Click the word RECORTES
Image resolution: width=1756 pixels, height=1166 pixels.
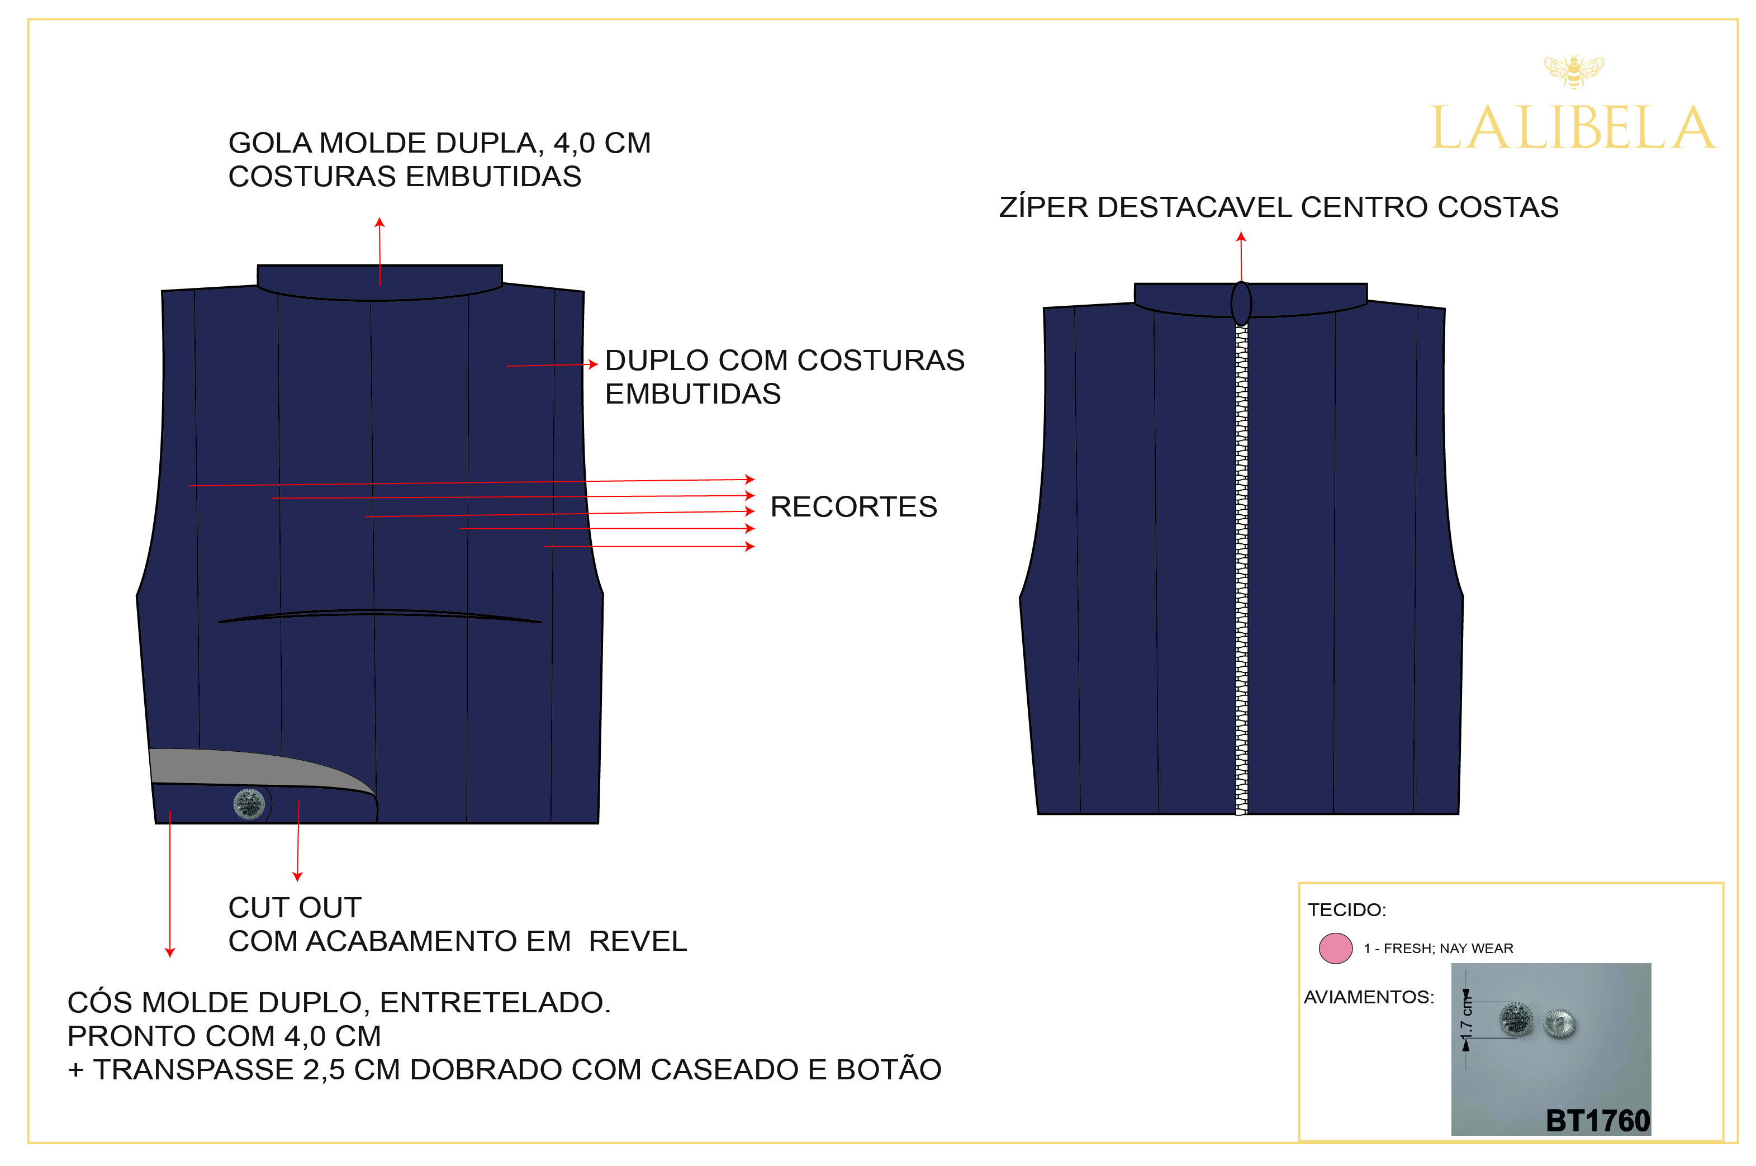click(x=853, y=506)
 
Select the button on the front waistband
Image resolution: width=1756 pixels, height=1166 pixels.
click(x=249, y=804)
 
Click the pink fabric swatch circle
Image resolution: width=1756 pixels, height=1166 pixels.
click(x=1335, y=948)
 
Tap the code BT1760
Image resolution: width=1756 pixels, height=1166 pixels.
click(x=1596, y=1121)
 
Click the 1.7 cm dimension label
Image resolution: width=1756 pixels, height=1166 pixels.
click(x=1465, y=1020)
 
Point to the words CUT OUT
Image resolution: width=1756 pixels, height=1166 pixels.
click(x=295, y=907)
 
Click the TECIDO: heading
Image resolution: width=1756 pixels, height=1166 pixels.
click(x=1346, y=909)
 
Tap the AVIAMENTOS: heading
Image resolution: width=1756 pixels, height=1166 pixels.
click(x=1368, y=997)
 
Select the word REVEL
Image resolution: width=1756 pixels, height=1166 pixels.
click(x=637, y=941)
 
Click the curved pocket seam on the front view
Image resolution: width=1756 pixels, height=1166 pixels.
click(x=379, y=613)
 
